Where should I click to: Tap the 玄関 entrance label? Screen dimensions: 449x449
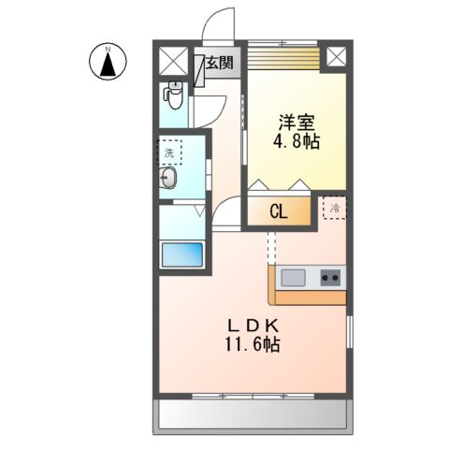pyautogui.click(x=221, y=64)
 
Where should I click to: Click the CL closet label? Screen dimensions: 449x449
pyautogui.click(x=279, y=212)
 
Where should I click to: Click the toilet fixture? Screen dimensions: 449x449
pyautogui.click(x=174, y=93)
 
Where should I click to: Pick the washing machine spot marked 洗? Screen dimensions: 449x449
pyautogui.click(x=169, y=151)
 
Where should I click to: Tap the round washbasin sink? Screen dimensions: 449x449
pyautogui.click(x=171, y=180)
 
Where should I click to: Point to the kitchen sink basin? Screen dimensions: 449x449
pyautogui.click(x=293, y=278)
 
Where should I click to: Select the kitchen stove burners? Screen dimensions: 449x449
pyautogui.click(x=330, y=278)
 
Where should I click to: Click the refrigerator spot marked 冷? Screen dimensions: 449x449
pyautogui.click(x=334, y=208)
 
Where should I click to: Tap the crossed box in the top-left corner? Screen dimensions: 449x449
pyautogui.click(x=174, y=61)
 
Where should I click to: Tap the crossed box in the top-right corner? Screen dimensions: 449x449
pyautogui.click(x=336, y=58)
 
